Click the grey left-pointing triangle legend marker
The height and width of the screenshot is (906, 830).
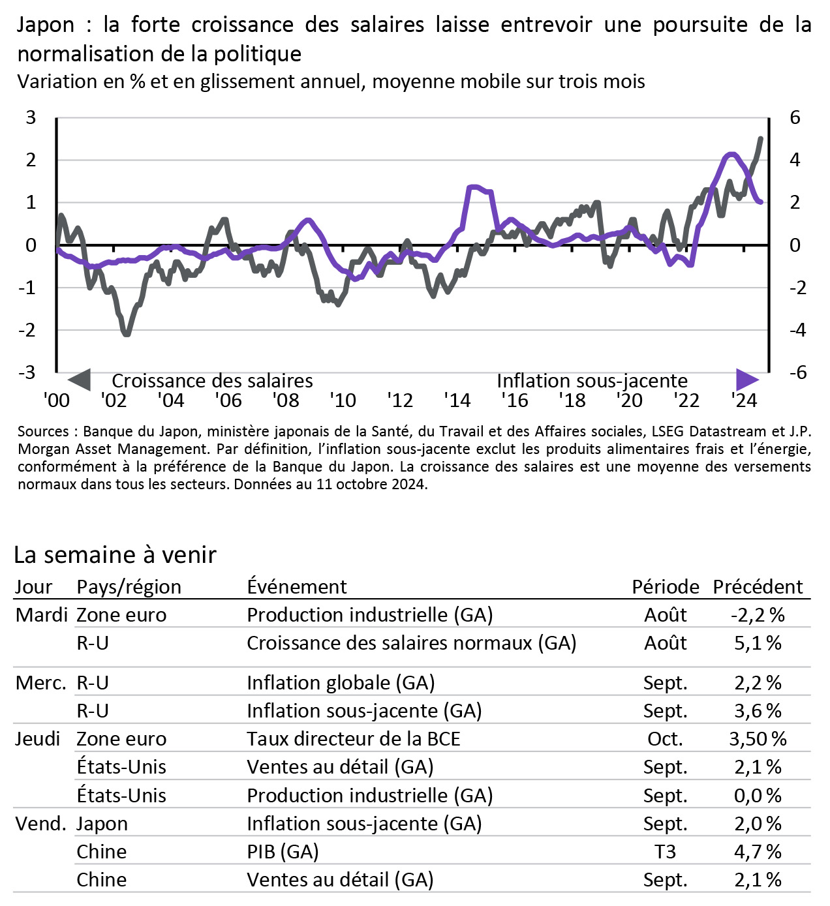pyautogui.click(x=80, y=380)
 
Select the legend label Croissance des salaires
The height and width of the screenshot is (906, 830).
pyautogui.click(x=212, y=381)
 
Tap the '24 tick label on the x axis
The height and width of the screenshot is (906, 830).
pyautogui.click(x=744, y=400)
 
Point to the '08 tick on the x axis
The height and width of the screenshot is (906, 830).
pyautogui.click(x=286, y=400)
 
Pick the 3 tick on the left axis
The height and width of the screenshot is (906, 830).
pyautogui.click(x=31, y=117)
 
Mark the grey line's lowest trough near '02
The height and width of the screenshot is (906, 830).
pyautogui.click(x=126, y=333)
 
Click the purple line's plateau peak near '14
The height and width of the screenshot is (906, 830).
pyautogui.click(x=475, y=187)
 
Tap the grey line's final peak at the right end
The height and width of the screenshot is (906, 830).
pyautogui.click(x=761, y=138)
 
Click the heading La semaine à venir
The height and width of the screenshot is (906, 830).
pyautogui.click(x=115, y=554)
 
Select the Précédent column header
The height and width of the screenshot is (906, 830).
pyautogui.click(x=758, y=586)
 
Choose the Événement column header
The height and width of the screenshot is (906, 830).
pyautogui.click(x=297, y=586)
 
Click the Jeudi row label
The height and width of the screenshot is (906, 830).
pyautogui.click(x=38, y=739)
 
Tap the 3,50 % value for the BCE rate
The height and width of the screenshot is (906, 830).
pyautogui.click(x=758, y=739)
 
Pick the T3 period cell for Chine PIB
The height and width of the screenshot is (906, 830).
pyautogui.click(x=665, y=852)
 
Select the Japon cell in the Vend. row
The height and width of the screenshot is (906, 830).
pyautogui.click(x=102, y=824)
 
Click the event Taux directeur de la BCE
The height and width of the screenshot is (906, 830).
pyautogui.click(x=354, y=739)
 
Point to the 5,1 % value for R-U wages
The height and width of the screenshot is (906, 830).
pyautogui.click(x=758, y=643)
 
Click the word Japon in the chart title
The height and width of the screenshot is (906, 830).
pyautogui.click(x=46, y=25)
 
